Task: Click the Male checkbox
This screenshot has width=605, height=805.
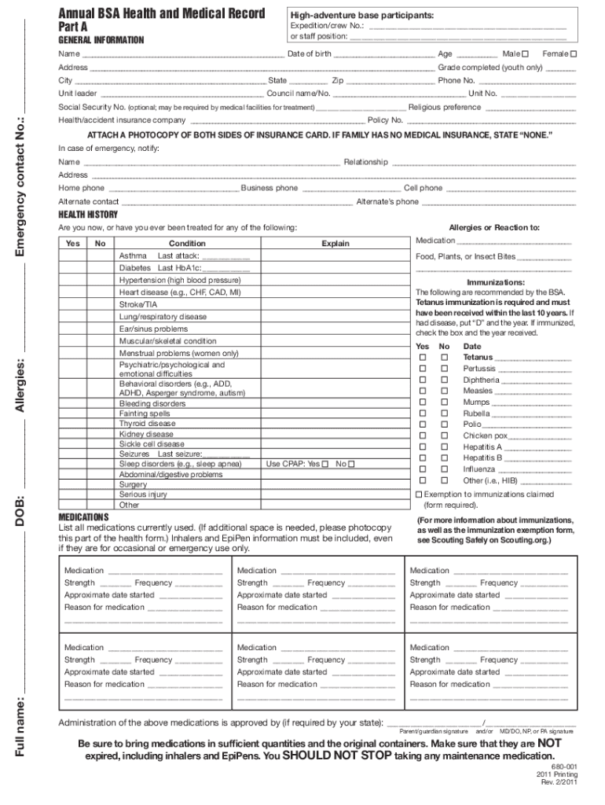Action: click(x=525, y=53)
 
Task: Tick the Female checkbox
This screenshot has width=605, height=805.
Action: click(x=573, y=53)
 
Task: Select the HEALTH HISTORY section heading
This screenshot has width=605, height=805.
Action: click(x=88, y=215)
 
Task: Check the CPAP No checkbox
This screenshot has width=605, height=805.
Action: click(x=351, y=464)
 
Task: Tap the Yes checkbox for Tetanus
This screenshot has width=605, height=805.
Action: click(x=423, y=358)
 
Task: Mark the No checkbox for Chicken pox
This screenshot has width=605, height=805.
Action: click(x=444, y=436)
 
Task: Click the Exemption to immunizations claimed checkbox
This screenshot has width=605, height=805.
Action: click(x=419, y=494)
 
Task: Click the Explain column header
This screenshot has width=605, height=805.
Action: click(x=335, y=244)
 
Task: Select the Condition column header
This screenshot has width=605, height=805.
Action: click(x=187, y=244)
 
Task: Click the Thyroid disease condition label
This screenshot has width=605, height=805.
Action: click(x=147, y=423)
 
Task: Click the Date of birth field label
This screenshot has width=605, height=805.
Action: click(x=309, y=53)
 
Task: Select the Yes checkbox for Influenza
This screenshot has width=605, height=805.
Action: click(x=423, y=469)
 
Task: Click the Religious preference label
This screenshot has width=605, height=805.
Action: click(x=445, y=107)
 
